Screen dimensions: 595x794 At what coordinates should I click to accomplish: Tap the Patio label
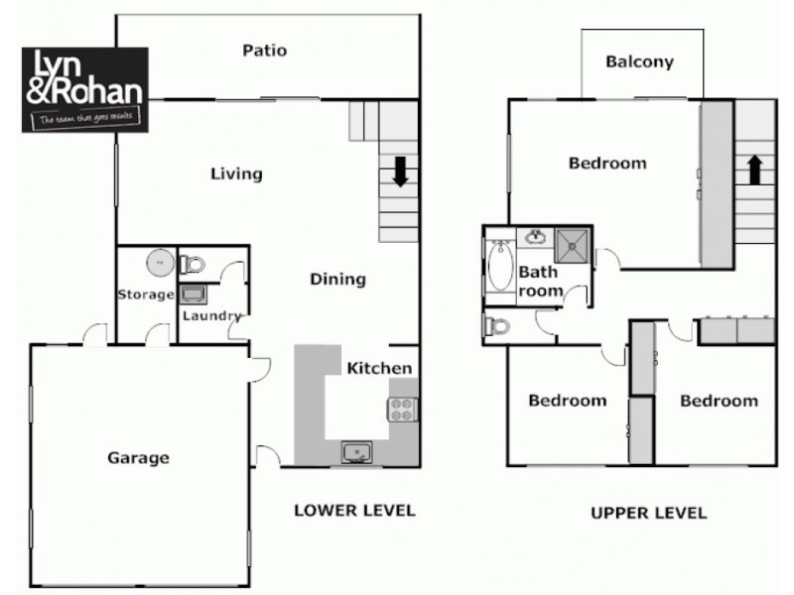[x=265, y=50]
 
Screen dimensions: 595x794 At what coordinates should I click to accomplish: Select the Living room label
[x=236, y=174]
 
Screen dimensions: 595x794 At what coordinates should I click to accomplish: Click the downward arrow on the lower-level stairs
[x=400, y=174]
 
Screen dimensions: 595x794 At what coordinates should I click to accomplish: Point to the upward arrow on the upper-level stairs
[x=754, y=170]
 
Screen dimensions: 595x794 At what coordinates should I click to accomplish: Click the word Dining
[x=338, y=279]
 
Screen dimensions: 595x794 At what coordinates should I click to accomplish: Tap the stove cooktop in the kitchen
[x=403, y=409]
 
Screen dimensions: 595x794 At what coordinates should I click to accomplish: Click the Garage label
[x=138, y=457]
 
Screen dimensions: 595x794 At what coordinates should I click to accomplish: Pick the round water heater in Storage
[x=159, y=262]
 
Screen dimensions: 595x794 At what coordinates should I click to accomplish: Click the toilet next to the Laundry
[x=193, y=264]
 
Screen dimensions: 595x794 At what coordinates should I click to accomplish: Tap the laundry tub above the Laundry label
[x=193, y=294]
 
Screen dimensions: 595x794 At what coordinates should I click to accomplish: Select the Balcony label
[x=639, y=61]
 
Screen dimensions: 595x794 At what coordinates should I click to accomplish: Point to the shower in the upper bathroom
[x=572, y=242]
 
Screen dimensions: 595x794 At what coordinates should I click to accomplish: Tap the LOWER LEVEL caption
[x=354, y=511]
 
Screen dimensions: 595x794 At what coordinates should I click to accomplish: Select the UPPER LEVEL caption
[x=648, y=513]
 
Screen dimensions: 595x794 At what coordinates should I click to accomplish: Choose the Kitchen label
[x=379, y=368]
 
